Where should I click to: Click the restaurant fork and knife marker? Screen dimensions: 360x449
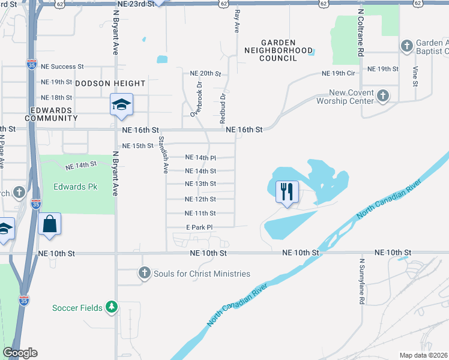[286, 192]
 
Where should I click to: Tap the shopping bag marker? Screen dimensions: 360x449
[49, 224]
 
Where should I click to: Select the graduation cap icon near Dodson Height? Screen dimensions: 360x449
[121, 105]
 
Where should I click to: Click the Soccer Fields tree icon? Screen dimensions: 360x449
[111, 307]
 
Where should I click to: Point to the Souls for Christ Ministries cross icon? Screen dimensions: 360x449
[144, 274]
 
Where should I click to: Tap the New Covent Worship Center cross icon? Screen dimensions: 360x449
[383, 95]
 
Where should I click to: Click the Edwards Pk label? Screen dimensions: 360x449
[75, 187]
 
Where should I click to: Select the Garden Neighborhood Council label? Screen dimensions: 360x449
[279, 50]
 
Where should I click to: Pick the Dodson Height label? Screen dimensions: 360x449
[110, 83]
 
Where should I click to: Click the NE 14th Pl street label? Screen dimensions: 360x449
[200, 158]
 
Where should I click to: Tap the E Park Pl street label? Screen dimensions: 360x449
[199, 227]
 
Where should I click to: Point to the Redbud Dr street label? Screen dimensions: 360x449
[223, 104]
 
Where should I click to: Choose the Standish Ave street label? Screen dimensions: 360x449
[162, 155]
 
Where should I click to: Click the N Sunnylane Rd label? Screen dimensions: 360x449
[362, 281]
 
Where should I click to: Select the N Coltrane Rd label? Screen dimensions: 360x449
[361, 32]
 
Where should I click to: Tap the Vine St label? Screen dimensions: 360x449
[415, 75]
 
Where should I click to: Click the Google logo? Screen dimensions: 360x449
[20, 353]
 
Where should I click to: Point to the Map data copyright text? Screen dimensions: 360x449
[424, 355]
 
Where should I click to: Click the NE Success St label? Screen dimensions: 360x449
[62, 67]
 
